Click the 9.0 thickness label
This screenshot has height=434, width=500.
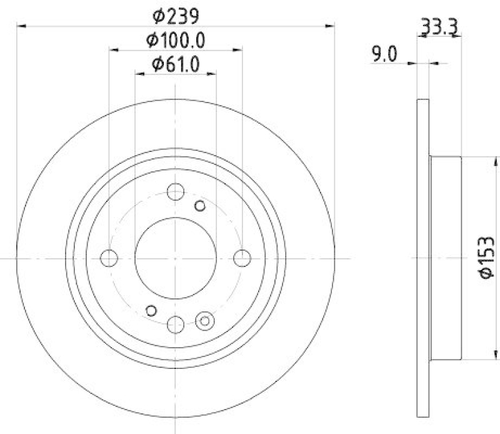click(x=384, y=54)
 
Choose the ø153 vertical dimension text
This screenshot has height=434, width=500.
click(x=487, y=258)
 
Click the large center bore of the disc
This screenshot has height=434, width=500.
click(x=176, y=258)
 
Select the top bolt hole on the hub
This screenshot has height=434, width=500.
click(x=176, y=191)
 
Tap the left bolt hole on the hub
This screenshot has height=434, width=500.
click(x=109, y=258)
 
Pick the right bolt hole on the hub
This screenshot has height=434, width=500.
click(x=242, y=258)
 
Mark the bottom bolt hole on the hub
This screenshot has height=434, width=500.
click(x=176, y=324)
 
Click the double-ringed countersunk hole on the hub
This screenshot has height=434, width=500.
click(x=204, y=321)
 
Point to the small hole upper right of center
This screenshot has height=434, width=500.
click(x=200, y=206)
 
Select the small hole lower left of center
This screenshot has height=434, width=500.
click(x=151, y=309)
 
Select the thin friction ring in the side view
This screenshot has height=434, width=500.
click(x=423, y=258)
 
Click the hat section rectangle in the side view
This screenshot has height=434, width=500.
click(x=446, y=258)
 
